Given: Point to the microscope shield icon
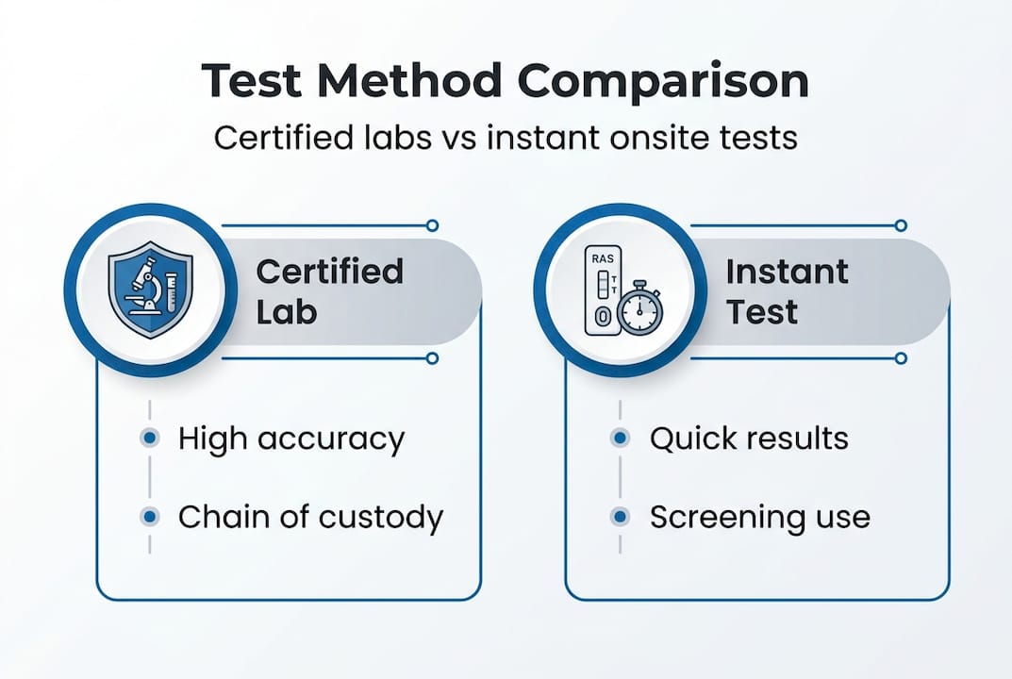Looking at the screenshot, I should (x=150, y=290).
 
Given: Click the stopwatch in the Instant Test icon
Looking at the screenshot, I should (x=641, y=308).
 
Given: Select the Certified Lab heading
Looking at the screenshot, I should (x=329, y=291).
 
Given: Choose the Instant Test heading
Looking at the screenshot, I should (x=787, y=291).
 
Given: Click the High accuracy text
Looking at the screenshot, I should (x=290, y=439).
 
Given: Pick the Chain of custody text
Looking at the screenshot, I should (x=310, y=517).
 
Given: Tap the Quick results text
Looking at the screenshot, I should (x=749, y=439).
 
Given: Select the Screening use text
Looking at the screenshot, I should (x=759, y=517).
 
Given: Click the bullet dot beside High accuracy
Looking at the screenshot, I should (x=149, y=439).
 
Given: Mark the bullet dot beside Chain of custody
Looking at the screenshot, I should (x=149, y=517).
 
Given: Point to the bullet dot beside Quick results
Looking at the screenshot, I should (x=620, y=439).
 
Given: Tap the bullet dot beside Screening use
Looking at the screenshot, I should (x=620, y=517).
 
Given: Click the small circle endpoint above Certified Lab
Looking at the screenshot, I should (x=432, y=225).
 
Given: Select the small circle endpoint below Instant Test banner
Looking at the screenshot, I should (x=901, y=358).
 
